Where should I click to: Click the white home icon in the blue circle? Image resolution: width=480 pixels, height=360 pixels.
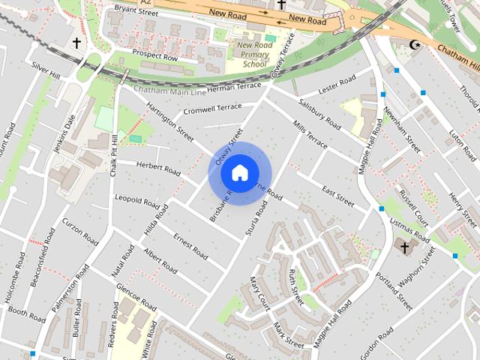239,173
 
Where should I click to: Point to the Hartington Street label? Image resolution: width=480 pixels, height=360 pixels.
171,121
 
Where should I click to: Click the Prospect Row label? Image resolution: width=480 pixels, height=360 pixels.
154,57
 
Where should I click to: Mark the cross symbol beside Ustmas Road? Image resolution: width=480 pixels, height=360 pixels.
405,247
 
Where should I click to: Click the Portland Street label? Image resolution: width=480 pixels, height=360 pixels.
394,292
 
